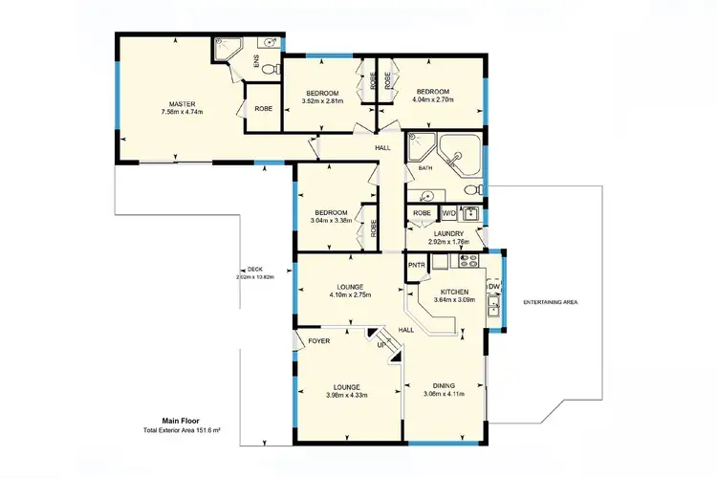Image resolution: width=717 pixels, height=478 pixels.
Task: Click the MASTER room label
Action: pyautogui.click(x=182, y=103)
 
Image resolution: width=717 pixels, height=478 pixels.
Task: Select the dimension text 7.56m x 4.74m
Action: pyautogui.click(x=182, y=112)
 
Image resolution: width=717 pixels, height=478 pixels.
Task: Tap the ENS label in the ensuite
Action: pyautogui.click(x=255, y=60)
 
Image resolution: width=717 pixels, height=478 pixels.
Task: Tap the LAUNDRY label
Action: pyautogui.click(x=446, y=232)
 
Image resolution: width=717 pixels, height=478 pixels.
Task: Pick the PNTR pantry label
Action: pyautogui.click(x=416, y=265)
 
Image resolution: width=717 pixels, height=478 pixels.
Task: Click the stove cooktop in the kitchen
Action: pyautogui.click(x=467, y=259)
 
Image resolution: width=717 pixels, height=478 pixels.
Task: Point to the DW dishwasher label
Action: pyautogui.click(x=494, y=286)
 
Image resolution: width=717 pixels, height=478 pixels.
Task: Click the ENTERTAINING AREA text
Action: pyautogui.click(x=550, y=302)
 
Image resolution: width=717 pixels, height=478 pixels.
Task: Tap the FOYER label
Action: pyautogui.click(x=318, y=339)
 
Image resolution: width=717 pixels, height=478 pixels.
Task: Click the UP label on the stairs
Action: pyautogui.click(x=381, y=344)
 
